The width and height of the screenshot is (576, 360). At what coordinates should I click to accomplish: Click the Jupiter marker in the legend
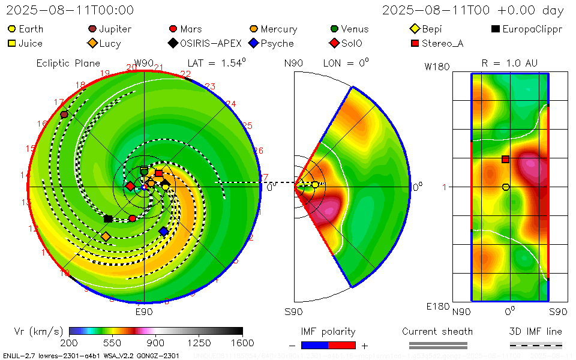tap(92, 29)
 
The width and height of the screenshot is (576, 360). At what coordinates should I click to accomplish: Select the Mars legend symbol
tap(173, 29)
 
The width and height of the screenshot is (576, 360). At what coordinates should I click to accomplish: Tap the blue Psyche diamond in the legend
tap(254, 43)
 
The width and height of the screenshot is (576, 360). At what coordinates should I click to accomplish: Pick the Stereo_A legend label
tap(442, 43)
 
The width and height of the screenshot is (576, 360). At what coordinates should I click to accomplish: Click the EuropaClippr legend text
tap(532, 29)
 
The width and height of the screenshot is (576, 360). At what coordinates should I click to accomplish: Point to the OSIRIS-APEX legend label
tap(211, 43)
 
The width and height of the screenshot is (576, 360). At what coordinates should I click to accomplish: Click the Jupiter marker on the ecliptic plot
tap(64, 115)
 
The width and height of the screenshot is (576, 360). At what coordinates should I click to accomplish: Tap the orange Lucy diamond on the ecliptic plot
tap(106, 236)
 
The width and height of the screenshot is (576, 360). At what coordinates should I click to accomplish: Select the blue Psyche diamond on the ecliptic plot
tap(163, 231)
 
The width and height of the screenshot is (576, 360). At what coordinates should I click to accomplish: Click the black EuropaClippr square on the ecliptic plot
tap(108, 219)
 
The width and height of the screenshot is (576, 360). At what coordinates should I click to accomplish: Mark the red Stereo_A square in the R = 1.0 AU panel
tap(506, 159)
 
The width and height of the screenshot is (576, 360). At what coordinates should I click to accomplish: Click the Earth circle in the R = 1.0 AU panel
tap(506, 187)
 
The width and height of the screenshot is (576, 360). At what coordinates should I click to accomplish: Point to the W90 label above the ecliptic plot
tap(144, 63)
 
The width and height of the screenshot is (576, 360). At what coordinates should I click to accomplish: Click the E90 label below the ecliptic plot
tap(144, 311)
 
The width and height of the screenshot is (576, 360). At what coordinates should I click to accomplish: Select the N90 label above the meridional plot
tap(293, 63)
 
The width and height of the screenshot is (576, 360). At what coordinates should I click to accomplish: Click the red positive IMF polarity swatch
tap(342, 345)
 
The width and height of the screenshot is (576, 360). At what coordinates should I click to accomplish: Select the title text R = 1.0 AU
tap(509, 63)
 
